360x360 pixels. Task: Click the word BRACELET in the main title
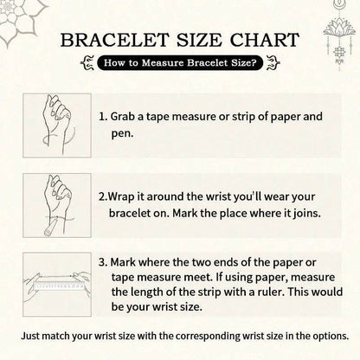[x=114, y=40]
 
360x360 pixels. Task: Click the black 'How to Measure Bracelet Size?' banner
[x=180, y=62]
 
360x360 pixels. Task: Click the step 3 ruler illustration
[x=57, y=285]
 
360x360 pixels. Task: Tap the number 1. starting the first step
[x=103, y=117]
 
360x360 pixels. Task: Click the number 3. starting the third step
[x=103, y=262]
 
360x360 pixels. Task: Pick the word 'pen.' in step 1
[x=123, y=134]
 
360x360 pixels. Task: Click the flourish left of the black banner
[x=87, y=62]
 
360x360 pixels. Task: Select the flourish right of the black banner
[x=273, y=62]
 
